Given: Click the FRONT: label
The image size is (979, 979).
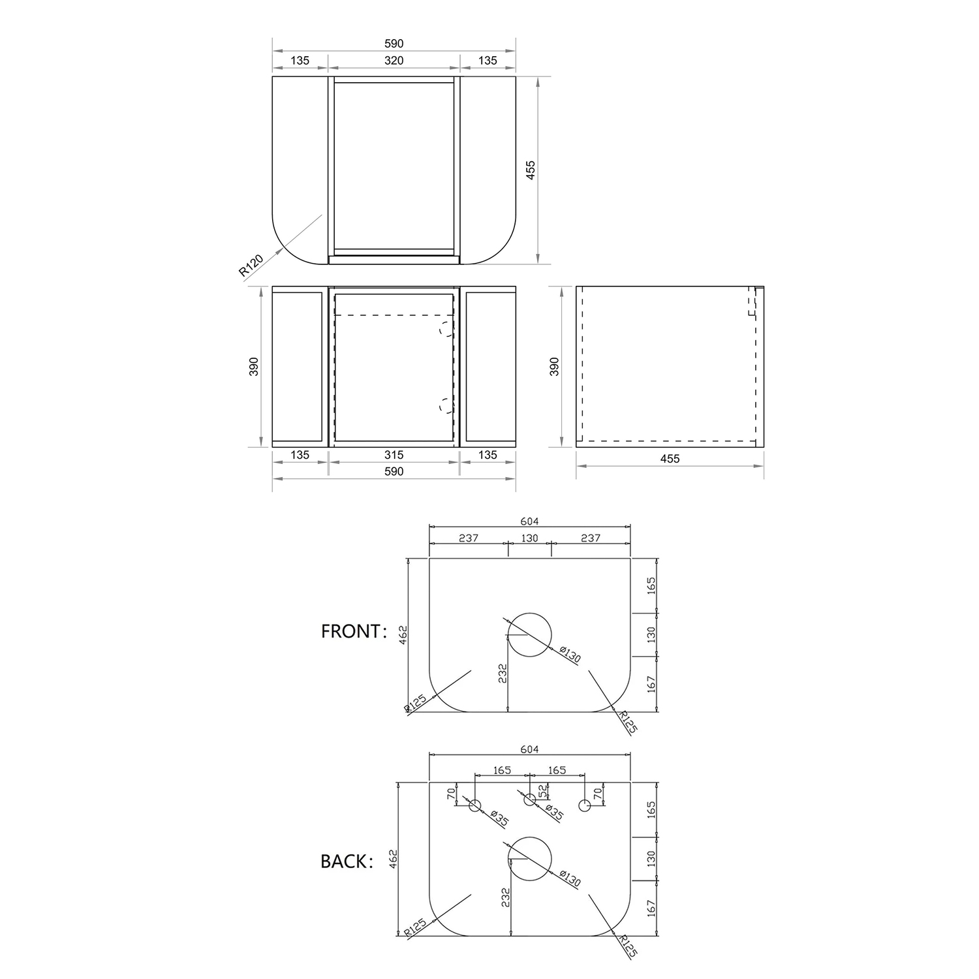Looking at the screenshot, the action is pyautogui.click(x=354, y=631).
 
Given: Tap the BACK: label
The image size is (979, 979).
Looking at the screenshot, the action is pyautogui.click(x=347, y=862).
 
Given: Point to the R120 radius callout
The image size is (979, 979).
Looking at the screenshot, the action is pyautogui.click(x=251, y=266).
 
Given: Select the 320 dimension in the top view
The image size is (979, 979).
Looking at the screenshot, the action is pyautogui.click(x=394, y=61).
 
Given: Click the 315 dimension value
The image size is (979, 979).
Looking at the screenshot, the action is pyautogui.click(x=394, y=455).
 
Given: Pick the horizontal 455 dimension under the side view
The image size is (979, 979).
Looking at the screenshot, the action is pyautogui.click(x=670, y=459).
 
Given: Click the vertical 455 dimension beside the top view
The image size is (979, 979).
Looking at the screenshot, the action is pyautogui.click(x=531, y=170).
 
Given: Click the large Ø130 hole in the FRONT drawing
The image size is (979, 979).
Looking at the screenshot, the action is pyautogui.click(x=529, y=634).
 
